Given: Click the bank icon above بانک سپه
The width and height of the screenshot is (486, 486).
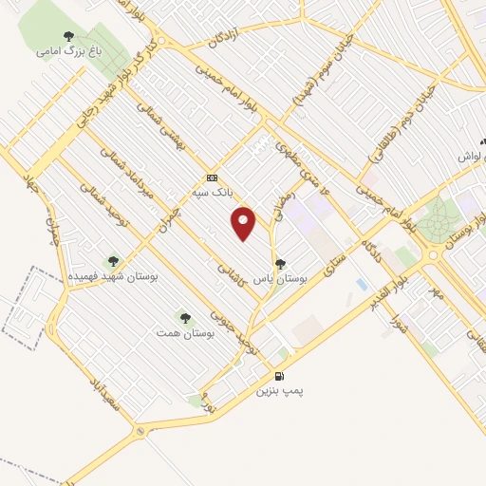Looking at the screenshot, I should [212, 178].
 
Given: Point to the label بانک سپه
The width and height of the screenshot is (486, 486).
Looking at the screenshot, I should [212, 191].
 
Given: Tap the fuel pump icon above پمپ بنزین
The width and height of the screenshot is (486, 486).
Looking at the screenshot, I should [279, 377].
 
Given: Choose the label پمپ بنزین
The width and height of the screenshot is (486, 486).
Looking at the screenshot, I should [279, 390].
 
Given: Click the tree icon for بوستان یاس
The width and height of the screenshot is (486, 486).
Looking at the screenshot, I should [279, 264].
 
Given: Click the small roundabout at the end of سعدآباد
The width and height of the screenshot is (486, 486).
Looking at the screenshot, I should [141, 433].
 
